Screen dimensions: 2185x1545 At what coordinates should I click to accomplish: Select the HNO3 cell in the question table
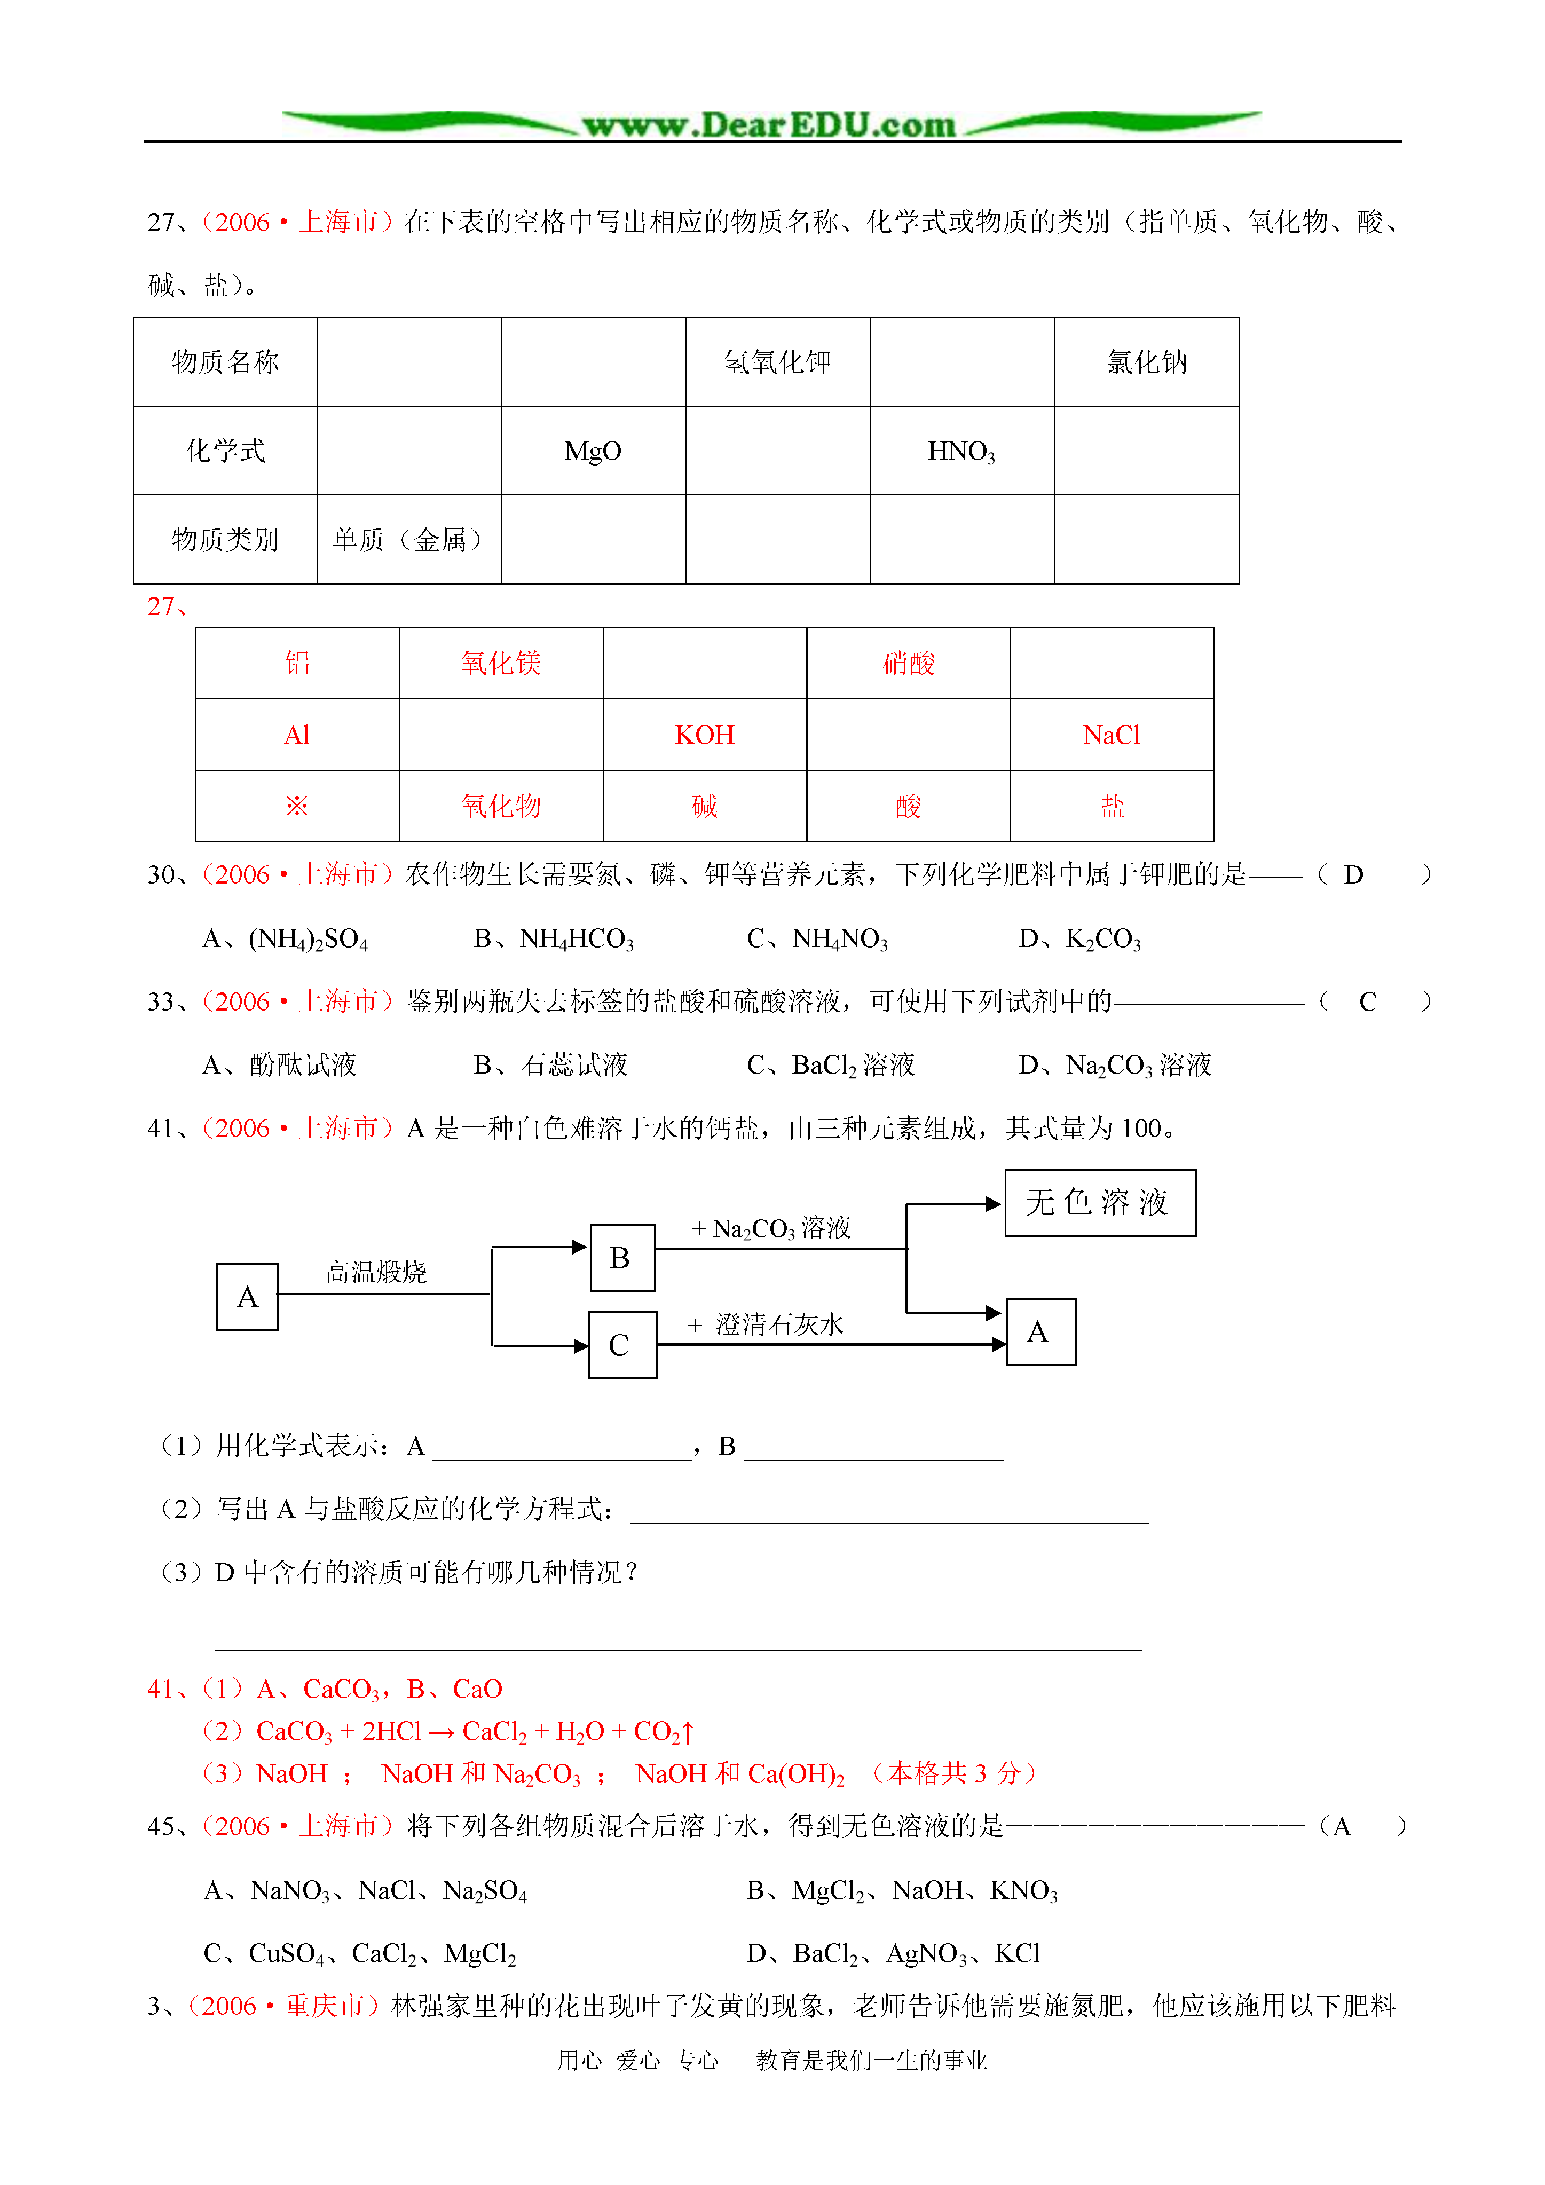(x=961, y=451)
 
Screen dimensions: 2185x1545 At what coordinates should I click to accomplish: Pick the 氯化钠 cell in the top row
(x=1146, y=361)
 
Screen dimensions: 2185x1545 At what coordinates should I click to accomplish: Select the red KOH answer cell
(x=705, y=735)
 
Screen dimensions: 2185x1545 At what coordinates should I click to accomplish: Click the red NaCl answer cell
(x=1111, y=735)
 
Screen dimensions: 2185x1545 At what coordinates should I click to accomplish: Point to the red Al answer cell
(x=297, y=735)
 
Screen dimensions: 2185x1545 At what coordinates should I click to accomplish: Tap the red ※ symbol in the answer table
(x=297, y=806)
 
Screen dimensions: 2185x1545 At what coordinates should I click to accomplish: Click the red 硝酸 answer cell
(x=908, y=664)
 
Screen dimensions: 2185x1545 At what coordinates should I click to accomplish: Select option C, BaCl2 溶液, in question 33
(x=831, y=1065)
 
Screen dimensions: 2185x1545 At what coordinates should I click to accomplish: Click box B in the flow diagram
(x=621, y=1257)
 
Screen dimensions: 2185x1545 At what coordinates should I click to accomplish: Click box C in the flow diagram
(x=621, y=1345)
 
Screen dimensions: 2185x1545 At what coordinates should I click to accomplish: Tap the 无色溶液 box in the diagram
(x=1100, y=1203)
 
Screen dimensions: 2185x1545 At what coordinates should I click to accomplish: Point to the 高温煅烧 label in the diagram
(x=376, y=1272)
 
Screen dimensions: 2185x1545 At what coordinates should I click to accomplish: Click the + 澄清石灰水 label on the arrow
(x=766, y=1324)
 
